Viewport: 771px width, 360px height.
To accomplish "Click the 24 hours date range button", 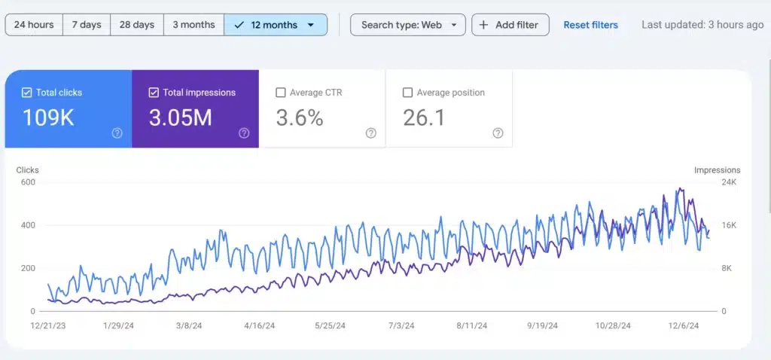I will [x=34, y=25].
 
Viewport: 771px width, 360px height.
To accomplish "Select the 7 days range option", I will [x=87, y=25].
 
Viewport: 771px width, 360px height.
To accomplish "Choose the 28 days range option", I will [x=137, y=25].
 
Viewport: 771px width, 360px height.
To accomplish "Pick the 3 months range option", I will [x=194, y=25].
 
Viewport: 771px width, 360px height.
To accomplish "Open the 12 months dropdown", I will [x=276, y=25].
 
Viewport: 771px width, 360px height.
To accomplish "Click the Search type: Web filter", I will [x=408, y=25].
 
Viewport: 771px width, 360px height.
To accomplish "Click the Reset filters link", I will [x=590, y=25].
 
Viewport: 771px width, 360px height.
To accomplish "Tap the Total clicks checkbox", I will [x=27, y=93].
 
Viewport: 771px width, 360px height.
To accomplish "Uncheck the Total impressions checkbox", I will [x=154, y=93].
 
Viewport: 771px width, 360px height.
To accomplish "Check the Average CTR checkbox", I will [x=281, y=93].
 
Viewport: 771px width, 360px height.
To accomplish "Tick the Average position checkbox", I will [x=407, y=93].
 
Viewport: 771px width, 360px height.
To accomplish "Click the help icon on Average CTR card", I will [x=370, y=133].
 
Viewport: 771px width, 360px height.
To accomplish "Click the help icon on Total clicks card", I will [x=117, y=133].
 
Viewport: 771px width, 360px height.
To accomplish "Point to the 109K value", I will [x=48, y=117].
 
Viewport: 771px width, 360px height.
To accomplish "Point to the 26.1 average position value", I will [x=424, y=117].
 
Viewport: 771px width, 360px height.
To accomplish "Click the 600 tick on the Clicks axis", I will [x=27, y=182].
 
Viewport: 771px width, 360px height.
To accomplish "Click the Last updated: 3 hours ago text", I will [x=702, y=25].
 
